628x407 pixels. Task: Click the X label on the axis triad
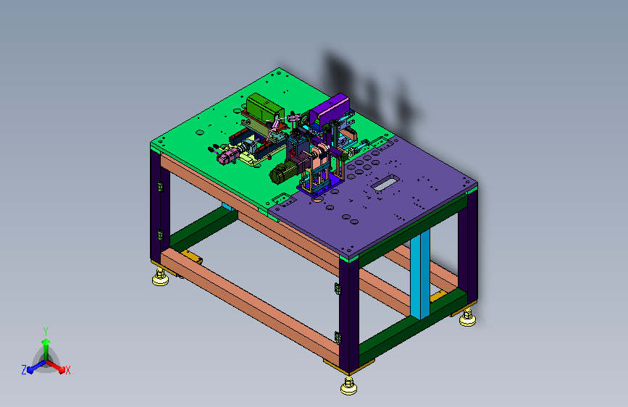click(x=68, y=370)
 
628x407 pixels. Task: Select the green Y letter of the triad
click(x=46, y=332)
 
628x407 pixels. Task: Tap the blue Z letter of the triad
click(x=24, y=370)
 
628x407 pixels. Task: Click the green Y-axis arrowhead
click(x=46, y=342)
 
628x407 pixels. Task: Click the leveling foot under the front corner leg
click(x=349, y=385)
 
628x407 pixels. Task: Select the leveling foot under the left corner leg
click(x=160, y=277)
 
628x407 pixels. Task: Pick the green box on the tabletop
click(x=264, y=107)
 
